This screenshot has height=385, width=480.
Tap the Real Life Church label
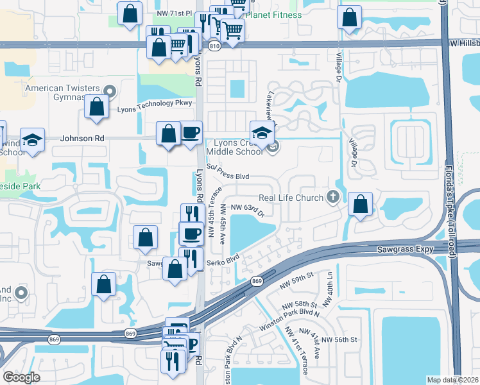click(x=291, y=198)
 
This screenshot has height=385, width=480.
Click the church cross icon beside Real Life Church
click(x=332, y=197)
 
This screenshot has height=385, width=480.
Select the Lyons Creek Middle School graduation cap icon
click(x=262, y=133)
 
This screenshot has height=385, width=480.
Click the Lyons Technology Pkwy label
click(x=155, y=103)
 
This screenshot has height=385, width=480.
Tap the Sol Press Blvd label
click(x=227, y=175)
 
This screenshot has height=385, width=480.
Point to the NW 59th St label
click(x=298, y=275)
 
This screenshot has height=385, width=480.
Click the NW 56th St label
click(x=339, y=339)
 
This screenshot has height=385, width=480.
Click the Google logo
click(x=22, y=377)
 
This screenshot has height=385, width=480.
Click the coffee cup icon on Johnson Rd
click(x=191, y=133)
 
